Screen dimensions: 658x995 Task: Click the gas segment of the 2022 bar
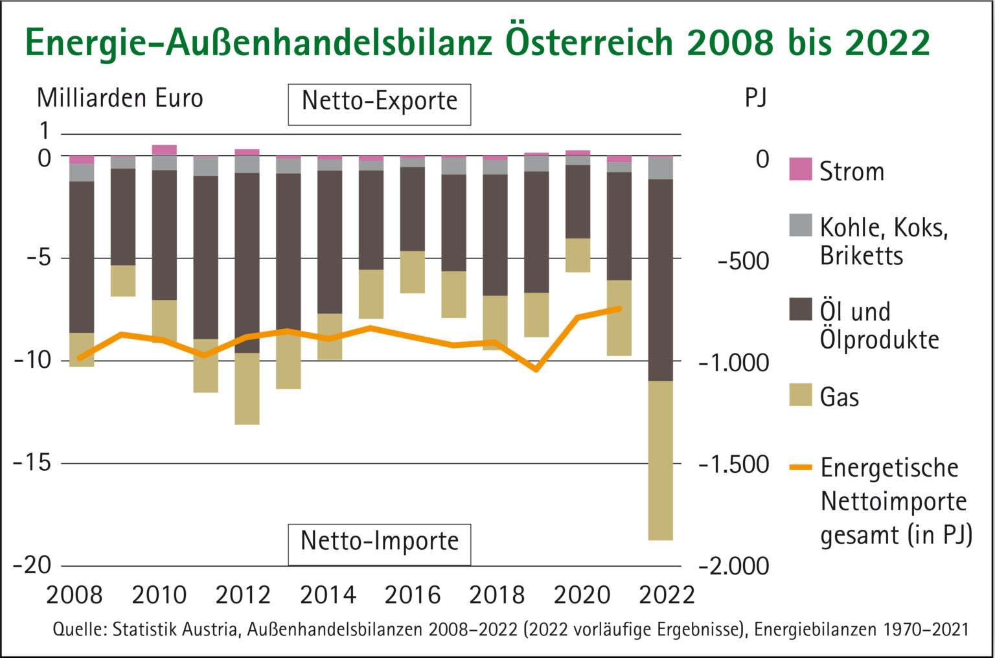point(660,460)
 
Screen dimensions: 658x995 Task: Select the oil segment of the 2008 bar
point(82,257)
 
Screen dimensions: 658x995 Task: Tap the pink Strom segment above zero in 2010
point(165,150)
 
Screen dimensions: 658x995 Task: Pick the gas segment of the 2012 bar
point(247,389)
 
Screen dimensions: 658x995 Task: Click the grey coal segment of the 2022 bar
point(660,168)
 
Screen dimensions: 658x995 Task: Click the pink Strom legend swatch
point(801,169)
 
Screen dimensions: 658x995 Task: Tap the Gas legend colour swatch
point(801,394)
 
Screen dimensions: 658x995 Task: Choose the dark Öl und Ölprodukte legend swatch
point(801,309)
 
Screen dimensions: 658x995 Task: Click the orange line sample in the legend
point(801,467)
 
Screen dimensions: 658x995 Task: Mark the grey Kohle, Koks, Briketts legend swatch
point(801,225)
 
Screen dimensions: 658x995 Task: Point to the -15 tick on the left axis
point(32,463)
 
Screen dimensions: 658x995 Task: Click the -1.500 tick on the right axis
point(734,464)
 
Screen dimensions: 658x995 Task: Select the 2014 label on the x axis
point(328,595)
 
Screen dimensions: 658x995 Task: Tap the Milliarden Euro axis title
point(120,98)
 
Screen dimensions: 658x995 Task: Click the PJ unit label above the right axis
point(755,98)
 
